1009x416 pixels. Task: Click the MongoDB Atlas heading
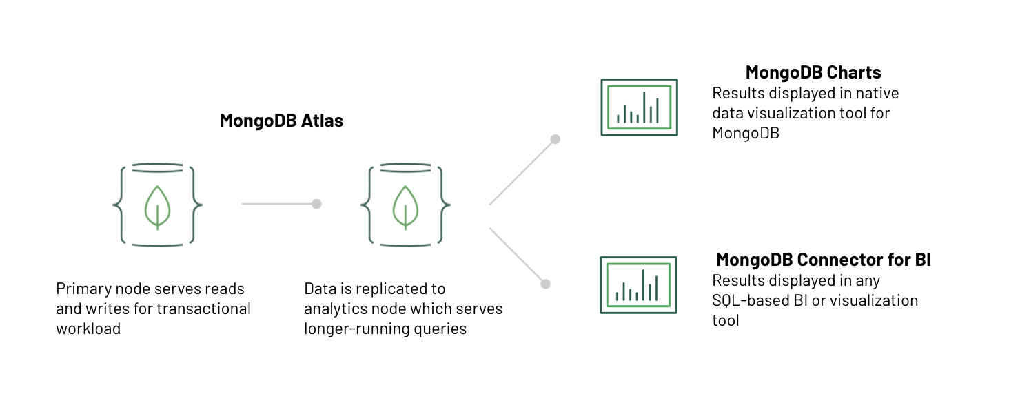(281, 121)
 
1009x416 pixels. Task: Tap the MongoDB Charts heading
(813, 72)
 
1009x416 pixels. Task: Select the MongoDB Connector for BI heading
(823, 260)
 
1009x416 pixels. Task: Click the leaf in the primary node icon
(157, 206)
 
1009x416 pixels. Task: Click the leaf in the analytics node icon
(405, 206)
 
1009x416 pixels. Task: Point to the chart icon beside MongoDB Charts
(639, 107)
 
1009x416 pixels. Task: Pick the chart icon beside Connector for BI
(638, 284)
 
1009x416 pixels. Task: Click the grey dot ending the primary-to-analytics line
(316, 204)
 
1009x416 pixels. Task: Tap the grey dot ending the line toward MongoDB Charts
(555, 139)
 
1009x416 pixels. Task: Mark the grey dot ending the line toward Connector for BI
(545, 284)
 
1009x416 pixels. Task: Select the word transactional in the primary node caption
(203, 309)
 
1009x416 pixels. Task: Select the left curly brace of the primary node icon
(118, 205)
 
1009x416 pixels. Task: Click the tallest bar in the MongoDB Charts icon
(644, 107)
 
